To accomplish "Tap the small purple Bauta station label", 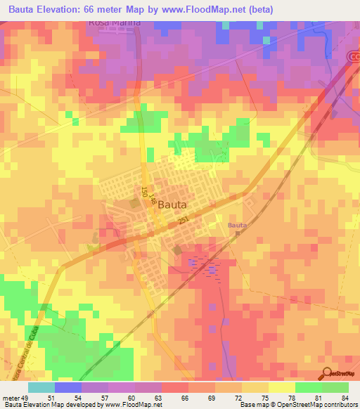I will pyautogui.click(x=237, y=225).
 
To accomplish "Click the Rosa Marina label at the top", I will pyautogui.click(x=115, y=22).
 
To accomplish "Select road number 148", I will pyautogui.click(x=151, y=199).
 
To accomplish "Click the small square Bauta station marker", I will pyautogui.click(x=238, y=234).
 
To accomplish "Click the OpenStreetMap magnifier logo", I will pyautogui.click(x=327, y=372).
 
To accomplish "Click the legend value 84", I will pyautogui.click(x=345, y=397).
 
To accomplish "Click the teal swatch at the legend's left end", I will pyautogui.click(x=41, y=387).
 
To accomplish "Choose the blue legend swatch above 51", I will pyautogui.click(x=67, y=387).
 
